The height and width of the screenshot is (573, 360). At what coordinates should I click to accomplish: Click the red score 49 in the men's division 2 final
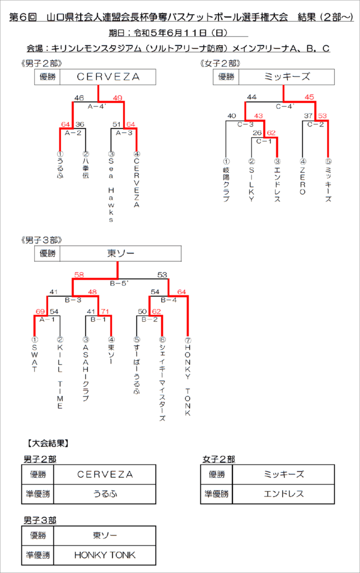(x=118, y=98)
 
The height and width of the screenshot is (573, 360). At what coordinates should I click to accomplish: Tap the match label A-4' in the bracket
(x=97, y=107)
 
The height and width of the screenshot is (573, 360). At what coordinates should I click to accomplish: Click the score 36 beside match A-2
(x=80, y=124)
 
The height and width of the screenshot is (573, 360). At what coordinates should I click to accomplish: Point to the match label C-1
(x=264, y=141)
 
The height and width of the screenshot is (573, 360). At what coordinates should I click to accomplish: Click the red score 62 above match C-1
(x=271, y=133)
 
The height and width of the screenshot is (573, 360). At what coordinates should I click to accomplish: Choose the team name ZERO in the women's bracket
(x=303, y=181)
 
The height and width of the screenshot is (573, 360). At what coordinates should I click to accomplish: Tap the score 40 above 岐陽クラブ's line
(x=232, y=116)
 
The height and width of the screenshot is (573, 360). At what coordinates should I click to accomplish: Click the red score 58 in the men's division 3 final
(x=79, y=274)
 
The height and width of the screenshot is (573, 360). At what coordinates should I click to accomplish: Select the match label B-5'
(x=119, y=283)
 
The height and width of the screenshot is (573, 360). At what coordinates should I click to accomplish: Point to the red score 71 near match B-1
(x=105, y=312)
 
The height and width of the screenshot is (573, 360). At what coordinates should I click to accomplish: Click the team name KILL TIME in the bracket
(x=60, y=377)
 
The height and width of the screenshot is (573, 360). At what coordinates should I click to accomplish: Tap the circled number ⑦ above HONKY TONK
(x=188, y=340)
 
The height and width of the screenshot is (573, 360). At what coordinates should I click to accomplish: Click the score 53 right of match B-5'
(x=162, y=274)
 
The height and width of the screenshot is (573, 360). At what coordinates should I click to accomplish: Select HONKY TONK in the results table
(x=105, y=555)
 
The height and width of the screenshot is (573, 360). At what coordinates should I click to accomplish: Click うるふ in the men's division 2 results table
(x=105, y=494)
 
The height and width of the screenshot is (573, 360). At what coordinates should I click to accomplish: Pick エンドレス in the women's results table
(x=284, y=494)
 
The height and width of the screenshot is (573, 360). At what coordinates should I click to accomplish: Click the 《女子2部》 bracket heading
(x=220, y=64)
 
